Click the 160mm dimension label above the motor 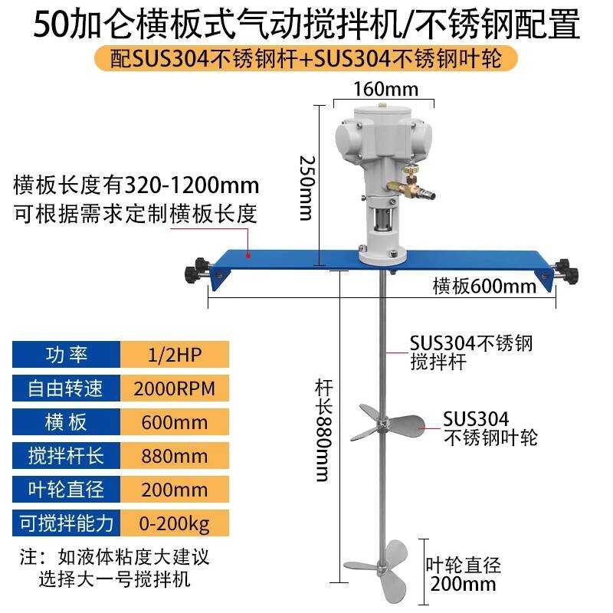click(x=385, y=90)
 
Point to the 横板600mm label click(x=484, y=287)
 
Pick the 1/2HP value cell click(x=175, y=355)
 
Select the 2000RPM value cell click(x=175, y=388)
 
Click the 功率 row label click(x=67, y=355)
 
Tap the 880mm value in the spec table click(x=175, y=456)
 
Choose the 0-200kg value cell click(x=175, y=523)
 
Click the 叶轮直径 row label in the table click(x=67, y=490)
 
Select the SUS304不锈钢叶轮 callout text click(x=490, y=428)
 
